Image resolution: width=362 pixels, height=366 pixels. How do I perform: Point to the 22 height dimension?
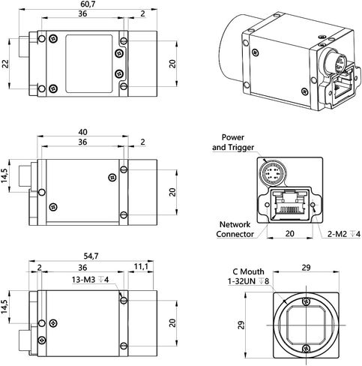tap(6, 64)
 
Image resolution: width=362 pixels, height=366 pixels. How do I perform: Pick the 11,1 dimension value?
tap(141, 266)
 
